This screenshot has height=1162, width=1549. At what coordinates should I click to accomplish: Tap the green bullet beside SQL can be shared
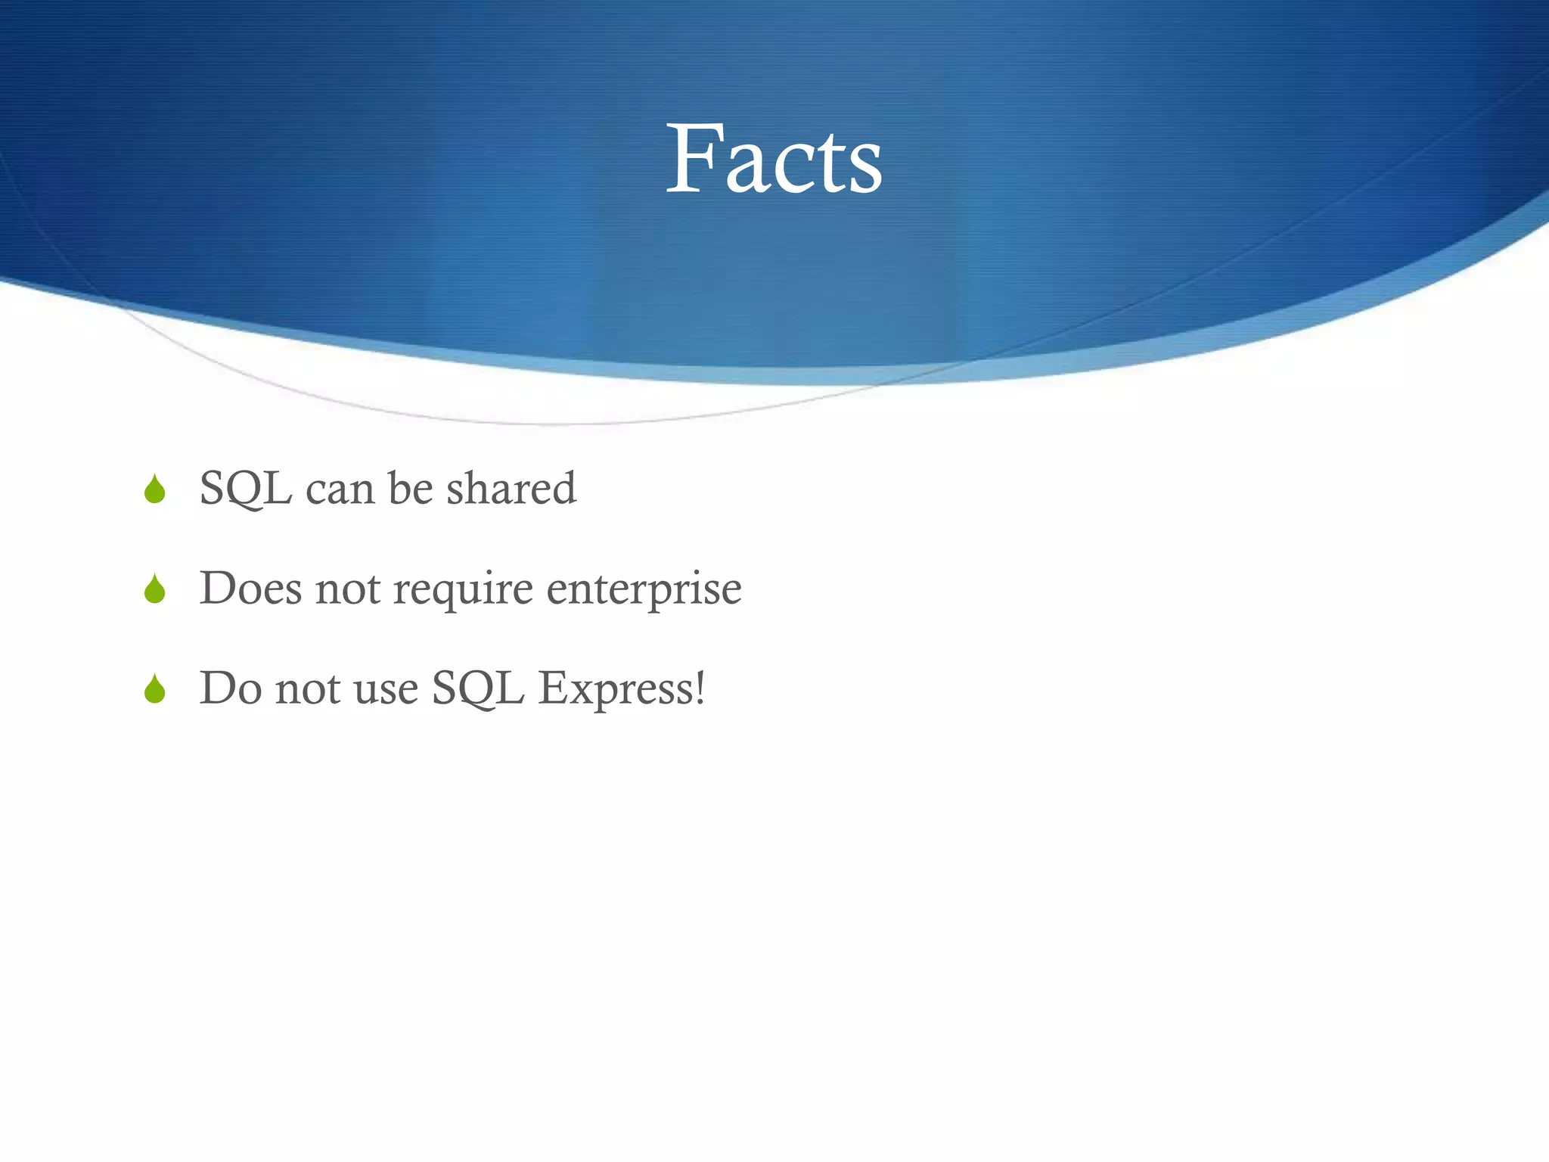[155, 489]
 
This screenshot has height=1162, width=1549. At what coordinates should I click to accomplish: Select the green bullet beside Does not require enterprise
[155, 589]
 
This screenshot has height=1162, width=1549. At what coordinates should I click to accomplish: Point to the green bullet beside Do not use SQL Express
[155, 689]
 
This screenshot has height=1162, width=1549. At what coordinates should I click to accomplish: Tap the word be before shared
[410, 488]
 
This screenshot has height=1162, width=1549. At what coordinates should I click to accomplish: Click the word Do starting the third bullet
[230, 688]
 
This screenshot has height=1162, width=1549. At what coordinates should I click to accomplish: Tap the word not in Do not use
[307, 689]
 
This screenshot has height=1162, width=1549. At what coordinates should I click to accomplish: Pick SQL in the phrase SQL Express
[478, 689]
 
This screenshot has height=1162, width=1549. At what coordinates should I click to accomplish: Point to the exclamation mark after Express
[700, 688]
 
